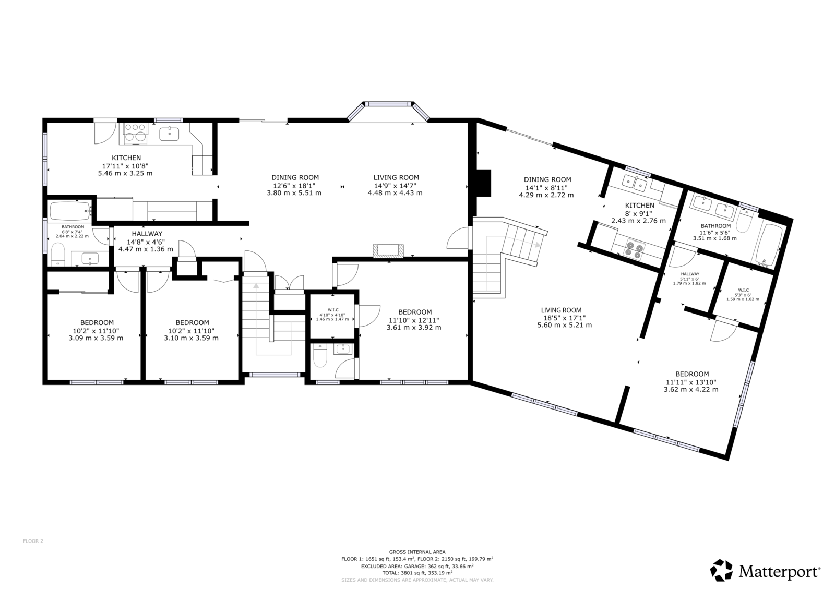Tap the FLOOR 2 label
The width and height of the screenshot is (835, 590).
pyautogui.click(x=33, y=541)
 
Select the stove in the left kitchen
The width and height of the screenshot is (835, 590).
pyautogui.click(x=135, y=133)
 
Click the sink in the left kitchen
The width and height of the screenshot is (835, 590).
pyautogui.click(x=169, y=134)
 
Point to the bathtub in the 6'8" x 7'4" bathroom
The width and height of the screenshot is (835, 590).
pyautogui.click(x=70, y=211)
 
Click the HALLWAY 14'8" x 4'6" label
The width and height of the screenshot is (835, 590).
pyautogui.click(x=146, y=242)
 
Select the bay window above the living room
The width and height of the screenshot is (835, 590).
pyautogui.click(x=388, y=111)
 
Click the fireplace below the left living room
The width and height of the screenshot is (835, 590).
pyautogui.click(x=388, y=250)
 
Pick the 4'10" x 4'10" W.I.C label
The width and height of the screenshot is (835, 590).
pyautogui.click(x=332, y=315)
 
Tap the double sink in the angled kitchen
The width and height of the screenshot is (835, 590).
pyautogui.click(x=635, y=184)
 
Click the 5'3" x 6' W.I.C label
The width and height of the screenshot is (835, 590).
pyautogui.click(x=743, y=295)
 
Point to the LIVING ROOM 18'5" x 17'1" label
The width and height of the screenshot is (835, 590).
pyautogui.click(x=564, y=318)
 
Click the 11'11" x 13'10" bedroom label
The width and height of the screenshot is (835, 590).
pyautogui.click(x=691, y=382)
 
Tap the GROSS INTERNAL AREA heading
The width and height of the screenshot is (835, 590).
pyautogui.click(x=417, y=552)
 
